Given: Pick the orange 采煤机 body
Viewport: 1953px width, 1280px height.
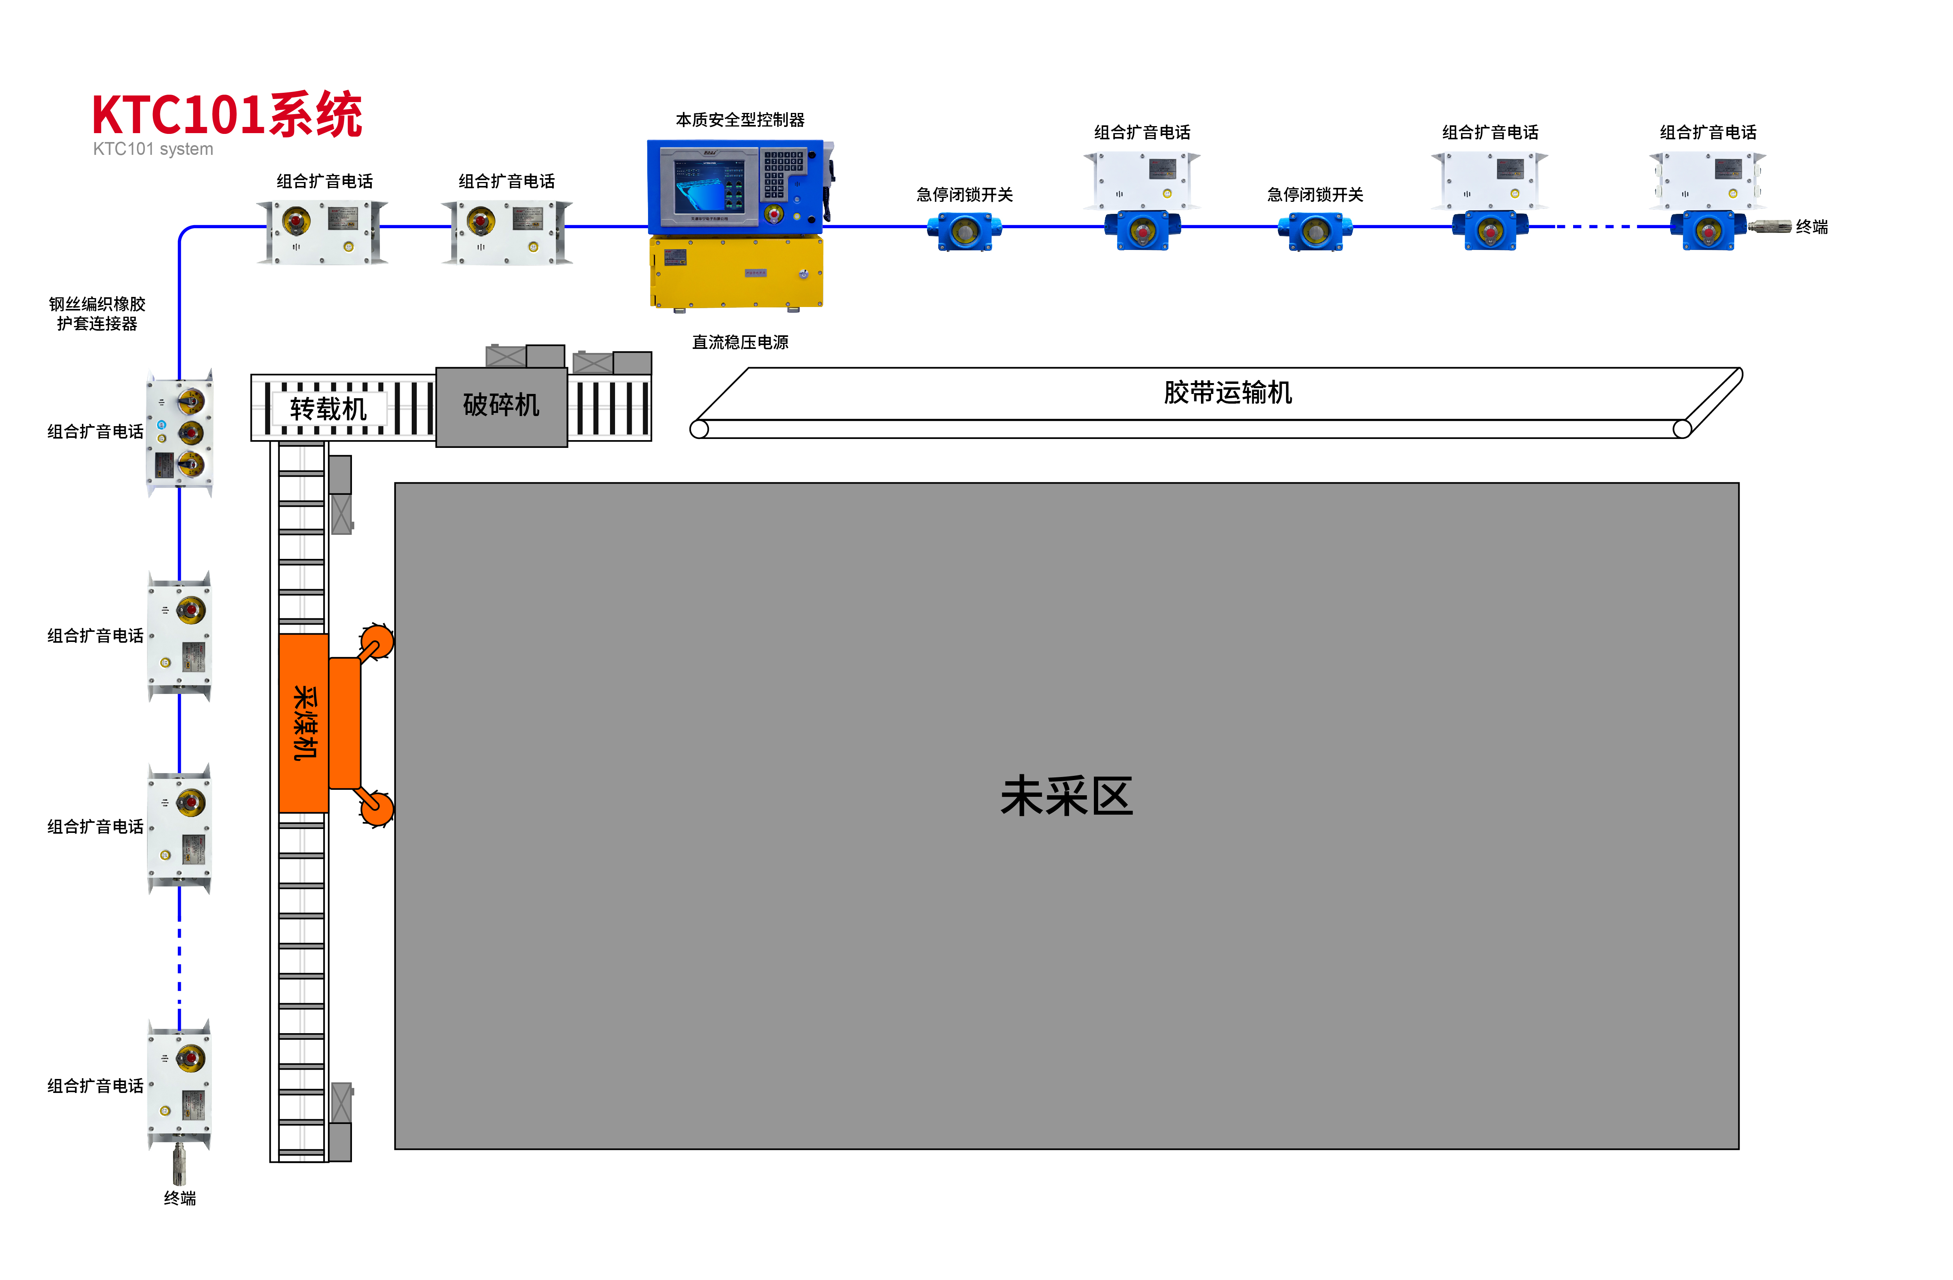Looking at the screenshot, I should tap(303, 722).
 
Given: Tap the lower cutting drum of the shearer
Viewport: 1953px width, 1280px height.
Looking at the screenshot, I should tap(377, 808).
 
